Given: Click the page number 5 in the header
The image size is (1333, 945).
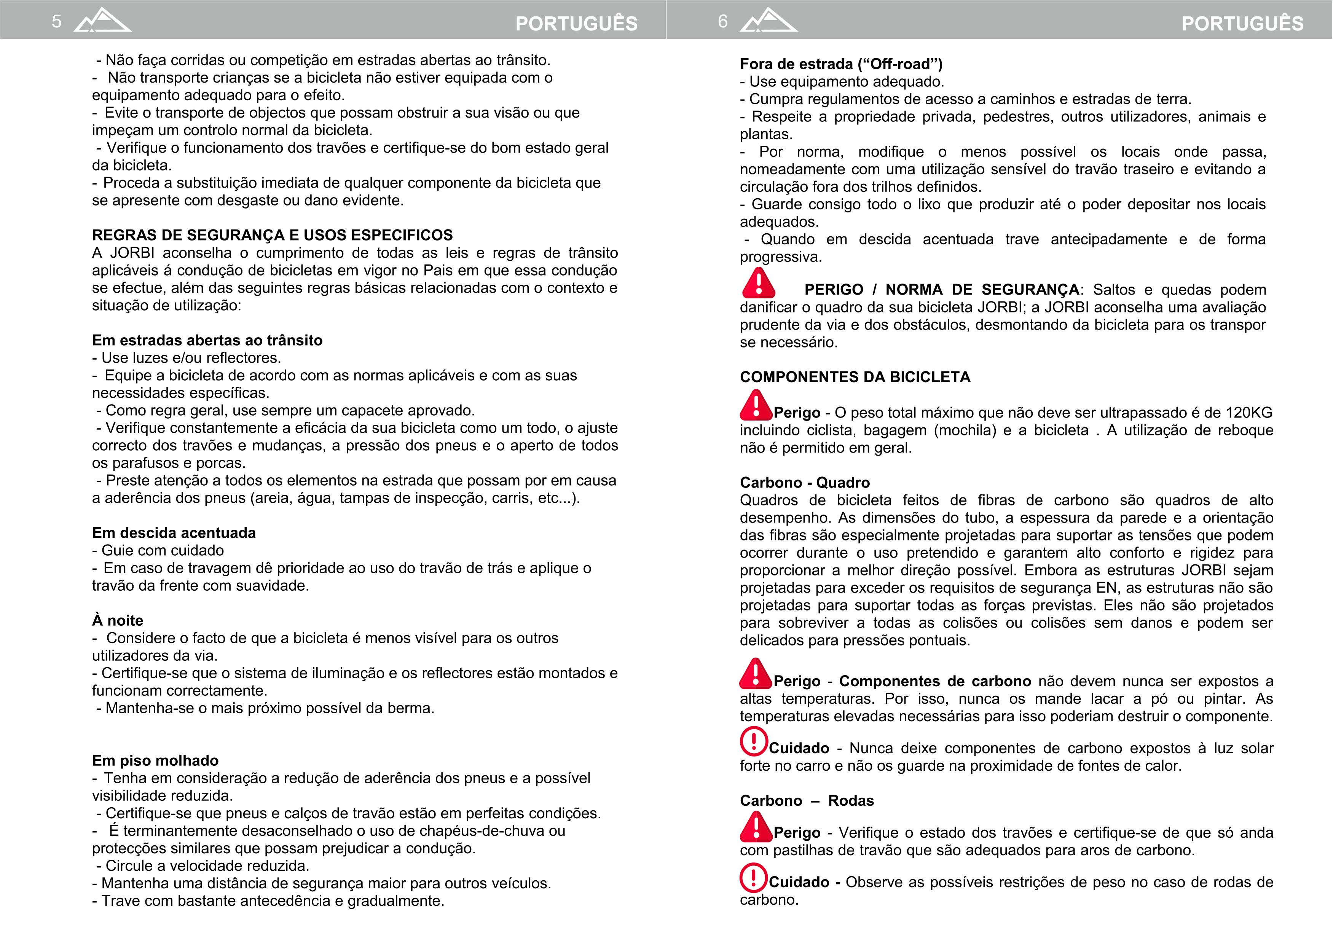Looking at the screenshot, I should [x=56, y=22].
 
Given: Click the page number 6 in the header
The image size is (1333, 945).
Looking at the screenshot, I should [x=723, y=22].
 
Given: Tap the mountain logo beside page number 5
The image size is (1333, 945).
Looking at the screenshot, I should [x=102, y=21].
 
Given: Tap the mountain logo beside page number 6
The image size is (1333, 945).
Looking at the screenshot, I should [x=769, y=21].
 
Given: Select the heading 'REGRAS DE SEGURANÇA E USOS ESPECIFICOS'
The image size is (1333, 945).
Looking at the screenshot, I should [x=272, y=235].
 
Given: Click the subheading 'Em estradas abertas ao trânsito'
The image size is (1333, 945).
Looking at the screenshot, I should [x=207, y=340].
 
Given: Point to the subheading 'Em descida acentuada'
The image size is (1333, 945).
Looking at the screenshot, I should [x=174, y=533].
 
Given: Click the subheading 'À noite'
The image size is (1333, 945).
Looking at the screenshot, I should [x=118, y=621].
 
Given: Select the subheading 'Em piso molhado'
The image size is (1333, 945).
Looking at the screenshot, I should [x=155, y=760].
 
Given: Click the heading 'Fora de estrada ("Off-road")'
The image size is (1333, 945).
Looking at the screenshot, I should [x=841, y=64].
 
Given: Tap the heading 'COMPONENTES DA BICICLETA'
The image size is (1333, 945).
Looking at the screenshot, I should [x=855, y=377].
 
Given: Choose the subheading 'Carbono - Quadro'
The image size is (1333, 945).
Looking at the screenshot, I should [x=805, y=482].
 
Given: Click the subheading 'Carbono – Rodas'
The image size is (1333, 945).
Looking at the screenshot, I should [x=807, y=801].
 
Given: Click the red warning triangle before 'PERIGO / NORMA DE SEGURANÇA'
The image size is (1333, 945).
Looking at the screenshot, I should [x=758, y=284].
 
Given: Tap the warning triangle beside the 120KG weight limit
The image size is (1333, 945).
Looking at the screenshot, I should [x=755, y=406].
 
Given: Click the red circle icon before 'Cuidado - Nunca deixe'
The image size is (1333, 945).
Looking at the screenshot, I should [x=754, y=741].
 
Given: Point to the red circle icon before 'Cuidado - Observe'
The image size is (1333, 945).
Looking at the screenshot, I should [x=754, y=878].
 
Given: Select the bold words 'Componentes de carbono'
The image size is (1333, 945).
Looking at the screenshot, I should [x=934, y=681].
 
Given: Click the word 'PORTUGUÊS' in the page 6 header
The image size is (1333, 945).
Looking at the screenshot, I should [x=1242, y=23].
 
